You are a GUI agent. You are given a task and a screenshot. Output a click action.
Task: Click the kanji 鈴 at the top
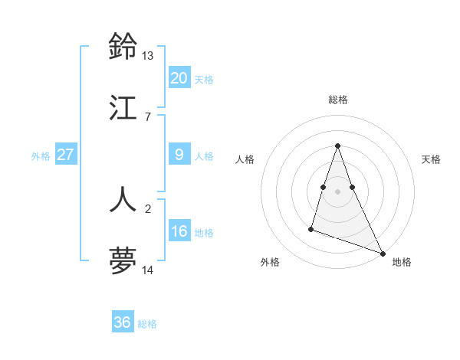(x=123, y=47)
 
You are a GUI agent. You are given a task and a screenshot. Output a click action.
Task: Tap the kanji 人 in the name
(x=123, y=199)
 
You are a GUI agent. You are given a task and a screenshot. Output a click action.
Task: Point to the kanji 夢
(x=123, y=260)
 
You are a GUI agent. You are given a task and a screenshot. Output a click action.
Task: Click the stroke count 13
(x=148, y=56)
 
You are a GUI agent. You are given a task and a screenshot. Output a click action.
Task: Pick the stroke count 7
(x=148, y=116)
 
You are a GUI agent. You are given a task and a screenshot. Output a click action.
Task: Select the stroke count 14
(x=148, y=270)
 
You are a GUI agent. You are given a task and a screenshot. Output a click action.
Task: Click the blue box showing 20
(x=179, y=78)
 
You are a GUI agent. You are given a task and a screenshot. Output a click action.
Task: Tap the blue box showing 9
(x=179, y=155)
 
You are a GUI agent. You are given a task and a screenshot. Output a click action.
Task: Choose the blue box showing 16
(x=179, y=231)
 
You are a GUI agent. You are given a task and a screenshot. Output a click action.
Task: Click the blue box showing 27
(x=65, y=155)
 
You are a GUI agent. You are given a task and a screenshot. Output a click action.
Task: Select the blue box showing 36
(x=122, y=322)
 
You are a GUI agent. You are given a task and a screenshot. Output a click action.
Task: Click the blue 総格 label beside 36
(x=147, y=324)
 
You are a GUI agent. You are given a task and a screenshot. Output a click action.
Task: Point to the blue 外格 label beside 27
(x=41, y=156)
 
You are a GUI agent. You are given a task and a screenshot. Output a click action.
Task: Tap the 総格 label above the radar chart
(x=338, y=100)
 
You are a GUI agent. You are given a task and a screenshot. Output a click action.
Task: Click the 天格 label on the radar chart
(x=431, y=159)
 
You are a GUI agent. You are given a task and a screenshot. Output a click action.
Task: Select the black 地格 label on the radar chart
(x=402, y=262)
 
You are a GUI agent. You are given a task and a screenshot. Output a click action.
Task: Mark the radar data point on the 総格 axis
(x=338, y=146)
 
